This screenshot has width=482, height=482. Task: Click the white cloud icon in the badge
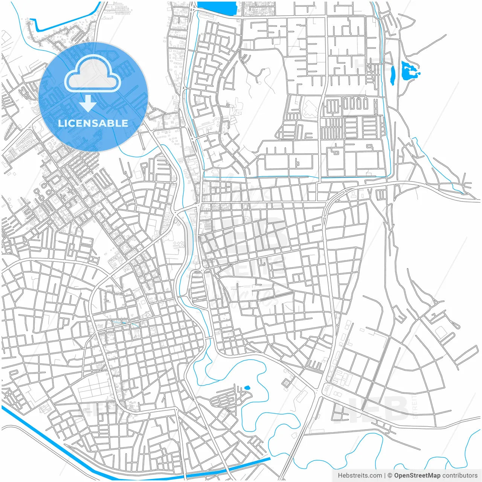point(93,74)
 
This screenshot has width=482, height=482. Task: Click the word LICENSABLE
point(93,123)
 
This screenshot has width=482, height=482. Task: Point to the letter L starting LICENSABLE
point(60,123)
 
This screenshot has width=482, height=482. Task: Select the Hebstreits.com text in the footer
point(360,476)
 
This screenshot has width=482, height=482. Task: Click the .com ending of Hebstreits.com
point(375,476)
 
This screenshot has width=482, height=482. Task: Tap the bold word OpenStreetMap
point(417,476)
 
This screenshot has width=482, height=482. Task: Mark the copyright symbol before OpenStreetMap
point(390,476)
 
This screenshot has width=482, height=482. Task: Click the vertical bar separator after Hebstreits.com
point(385,476)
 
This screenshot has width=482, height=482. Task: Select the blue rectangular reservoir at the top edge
point(216,8)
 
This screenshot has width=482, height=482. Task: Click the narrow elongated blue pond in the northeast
point(392,75)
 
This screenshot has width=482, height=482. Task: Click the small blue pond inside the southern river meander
point(247,387)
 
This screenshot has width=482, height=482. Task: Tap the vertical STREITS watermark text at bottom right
point(415,407)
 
